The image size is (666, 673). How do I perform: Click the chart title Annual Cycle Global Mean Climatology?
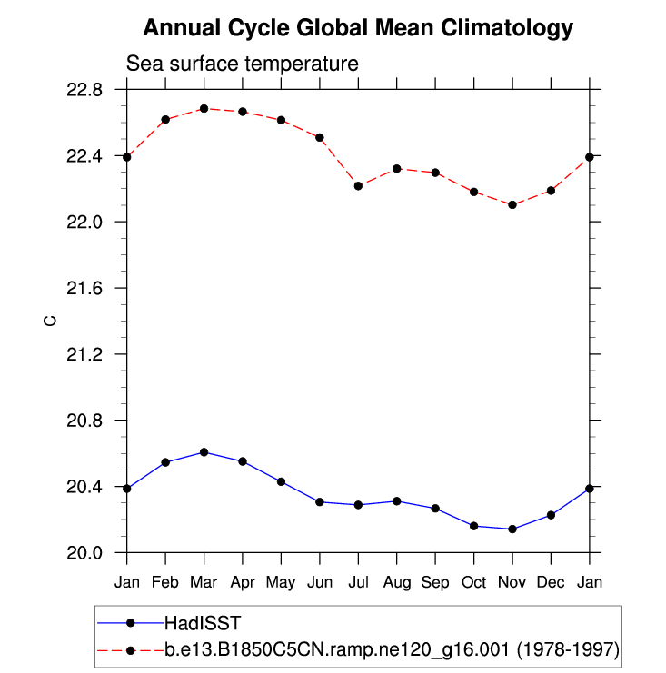358,28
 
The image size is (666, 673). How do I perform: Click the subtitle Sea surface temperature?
242,64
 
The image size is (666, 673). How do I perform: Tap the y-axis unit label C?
52,321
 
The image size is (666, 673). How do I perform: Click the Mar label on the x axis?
204,580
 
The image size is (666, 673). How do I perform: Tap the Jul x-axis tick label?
358,580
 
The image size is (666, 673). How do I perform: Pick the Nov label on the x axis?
512,580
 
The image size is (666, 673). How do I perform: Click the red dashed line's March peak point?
204,108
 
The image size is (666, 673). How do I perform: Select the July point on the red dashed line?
358,186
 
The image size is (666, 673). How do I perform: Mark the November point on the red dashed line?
512,205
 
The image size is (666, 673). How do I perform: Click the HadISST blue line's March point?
204,452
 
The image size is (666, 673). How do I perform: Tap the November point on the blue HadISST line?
512,529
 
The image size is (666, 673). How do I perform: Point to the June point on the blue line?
320,501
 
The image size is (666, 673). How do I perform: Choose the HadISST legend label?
202,623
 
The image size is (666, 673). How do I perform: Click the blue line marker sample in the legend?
130,623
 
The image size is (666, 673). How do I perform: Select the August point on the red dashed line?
397,168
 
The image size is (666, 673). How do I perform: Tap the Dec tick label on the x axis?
552,580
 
